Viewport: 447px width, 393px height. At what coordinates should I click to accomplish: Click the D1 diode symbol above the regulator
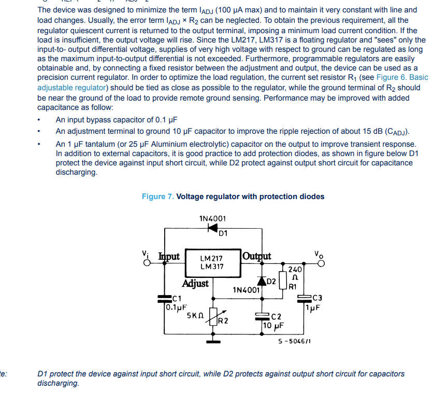(x=213, y=228)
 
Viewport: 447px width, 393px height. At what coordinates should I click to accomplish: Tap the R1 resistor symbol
(x=283, y=280)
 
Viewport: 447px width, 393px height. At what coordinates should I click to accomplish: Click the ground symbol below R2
(x=213, y=341)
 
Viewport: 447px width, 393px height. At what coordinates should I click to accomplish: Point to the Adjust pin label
(x=195, y=284)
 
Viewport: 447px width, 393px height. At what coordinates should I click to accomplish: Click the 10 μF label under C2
(x=272, y=326)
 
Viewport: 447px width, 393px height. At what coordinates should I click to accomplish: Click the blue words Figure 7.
(x=158, y=197)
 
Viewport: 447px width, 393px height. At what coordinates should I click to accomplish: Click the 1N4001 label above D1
(x=212, y=218)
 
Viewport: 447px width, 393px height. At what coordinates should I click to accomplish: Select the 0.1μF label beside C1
(x=176, y=307)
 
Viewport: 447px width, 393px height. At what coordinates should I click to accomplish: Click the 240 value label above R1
(x=295, y=270)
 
